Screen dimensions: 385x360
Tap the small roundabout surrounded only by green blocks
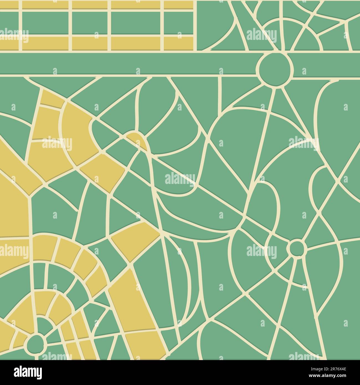[297, 248]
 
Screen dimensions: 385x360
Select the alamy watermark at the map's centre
[180, 179]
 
